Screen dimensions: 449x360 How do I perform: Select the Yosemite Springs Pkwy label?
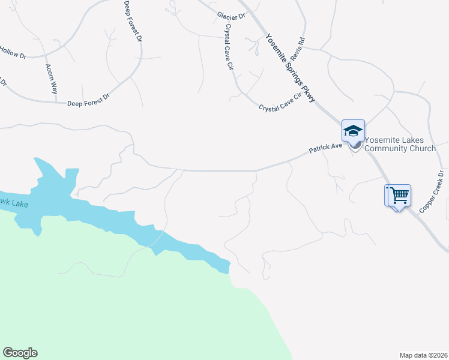[290, 67]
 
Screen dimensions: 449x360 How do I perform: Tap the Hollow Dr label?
[13, 53]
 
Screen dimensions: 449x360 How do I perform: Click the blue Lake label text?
[13, 204]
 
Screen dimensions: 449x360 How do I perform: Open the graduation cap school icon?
[353, 131]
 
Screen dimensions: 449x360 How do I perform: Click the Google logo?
[20, 353]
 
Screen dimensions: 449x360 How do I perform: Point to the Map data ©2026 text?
[423, 355]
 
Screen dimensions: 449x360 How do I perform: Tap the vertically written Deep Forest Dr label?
[133, 21]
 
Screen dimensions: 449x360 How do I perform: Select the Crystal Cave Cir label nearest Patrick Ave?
[280, 104]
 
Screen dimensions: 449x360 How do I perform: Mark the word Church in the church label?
[422, 148]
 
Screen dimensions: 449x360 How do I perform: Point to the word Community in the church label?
[385, 148]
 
